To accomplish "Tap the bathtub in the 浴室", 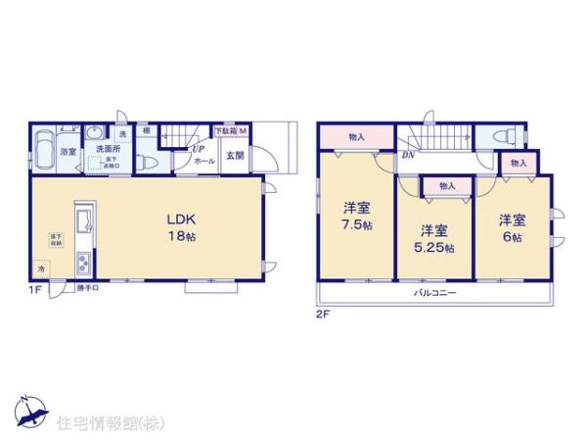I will coord(43,153).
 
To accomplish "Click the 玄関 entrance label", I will coord(236,154).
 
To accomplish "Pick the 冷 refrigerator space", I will coord(41,267).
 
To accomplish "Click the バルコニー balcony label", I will coord(429,293).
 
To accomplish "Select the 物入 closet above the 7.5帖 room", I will coord(356,137).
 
